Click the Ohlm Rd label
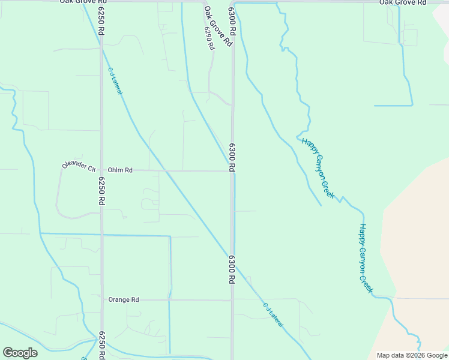coord(120,170)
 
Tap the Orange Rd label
coord(124,299)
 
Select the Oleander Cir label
coord(79,166)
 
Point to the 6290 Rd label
coord(209,38)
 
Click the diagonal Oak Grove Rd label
coord(217,26)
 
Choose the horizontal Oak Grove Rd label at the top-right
coord(402,3)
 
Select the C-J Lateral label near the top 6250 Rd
coord(115,80)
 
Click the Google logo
coord(20,353)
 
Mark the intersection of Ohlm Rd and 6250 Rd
coord(102,170)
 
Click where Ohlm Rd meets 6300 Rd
coord(232,172)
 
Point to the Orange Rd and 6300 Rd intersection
coord(232,299)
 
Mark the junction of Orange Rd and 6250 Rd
coord(102,299)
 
